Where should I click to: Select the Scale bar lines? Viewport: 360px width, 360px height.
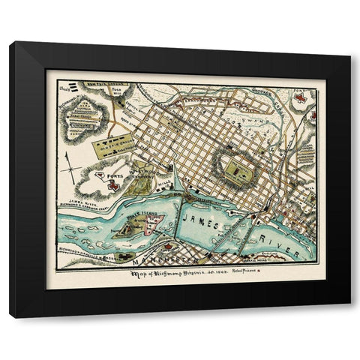(67, 85)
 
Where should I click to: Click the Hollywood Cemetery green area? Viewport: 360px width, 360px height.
(139, 184)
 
